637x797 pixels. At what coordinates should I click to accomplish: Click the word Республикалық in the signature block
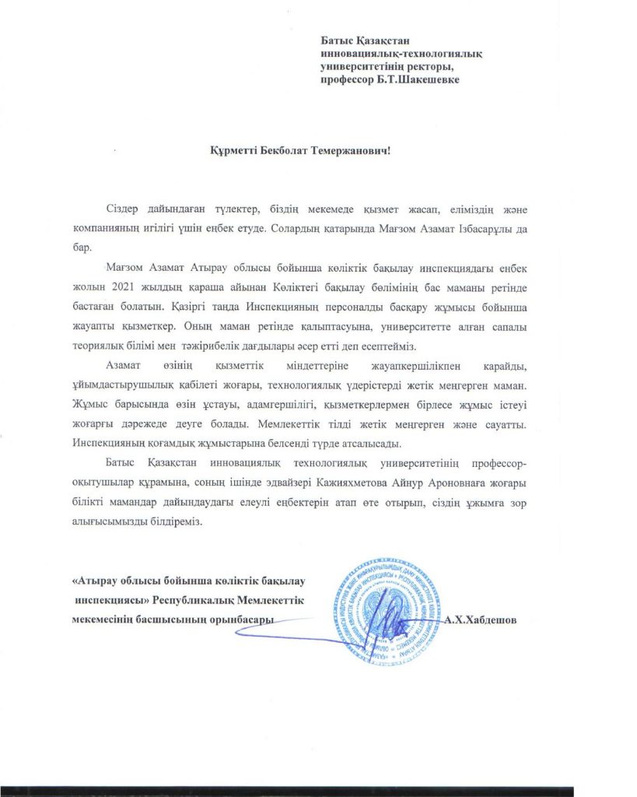pos(192,600)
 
